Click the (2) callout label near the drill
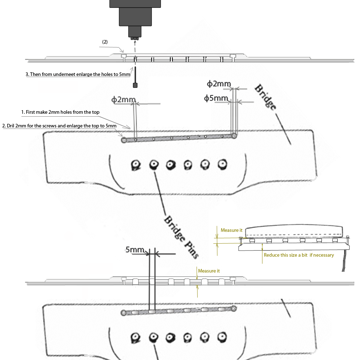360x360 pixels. click(105, 42)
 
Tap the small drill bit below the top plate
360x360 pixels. click(135, 77)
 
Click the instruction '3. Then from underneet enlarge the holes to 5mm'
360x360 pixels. click(78, 75)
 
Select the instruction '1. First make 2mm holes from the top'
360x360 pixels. click(60, 112)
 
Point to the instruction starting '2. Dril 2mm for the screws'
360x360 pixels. click(59, 126)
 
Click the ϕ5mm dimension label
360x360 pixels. click(216, 98)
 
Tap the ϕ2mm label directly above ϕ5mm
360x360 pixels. click(219, 84)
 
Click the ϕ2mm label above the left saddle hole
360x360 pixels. click(123, 100)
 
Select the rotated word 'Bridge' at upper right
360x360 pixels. click(266, 97)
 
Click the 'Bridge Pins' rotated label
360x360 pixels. click(181, 237)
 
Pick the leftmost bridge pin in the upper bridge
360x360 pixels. click(136, 165)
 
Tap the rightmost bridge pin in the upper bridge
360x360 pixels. click(222, 165)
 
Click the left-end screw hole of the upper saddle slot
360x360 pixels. click(124, 140)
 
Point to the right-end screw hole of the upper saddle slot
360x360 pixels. click(234, 136)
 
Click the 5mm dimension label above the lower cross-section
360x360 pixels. click(135, 249)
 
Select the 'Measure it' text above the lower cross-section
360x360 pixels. click(209, 271)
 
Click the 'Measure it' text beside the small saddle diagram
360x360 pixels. click(231, 230)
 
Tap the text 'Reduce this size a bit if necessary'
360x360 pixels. click(299, 255)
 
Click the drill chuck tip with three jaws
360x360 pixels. click(135, 39)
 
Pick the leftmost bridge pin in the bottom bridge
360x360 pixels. click(135, 338)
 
